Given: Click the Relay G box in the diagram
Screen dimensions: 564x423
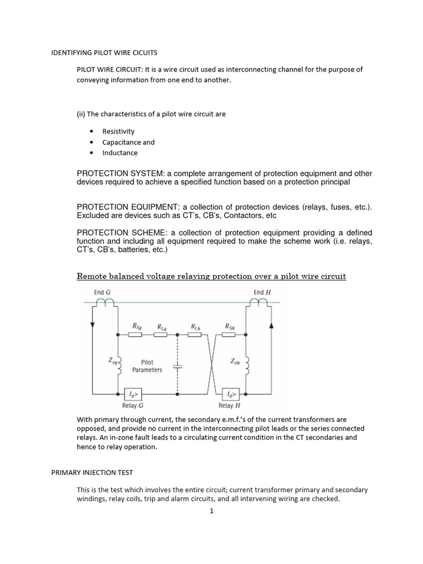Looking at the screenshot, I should [133, 394].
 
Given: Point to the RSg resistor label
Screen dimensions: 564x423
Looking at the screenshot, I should [137, 326].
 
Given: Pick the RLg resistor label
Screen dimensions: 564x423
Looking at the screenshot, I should [162, 327].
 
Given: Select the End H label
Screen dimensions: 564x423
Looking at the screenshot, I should [262, 292].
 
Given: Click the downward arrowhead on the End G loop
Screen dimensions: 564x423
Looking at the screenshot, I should [92, 326].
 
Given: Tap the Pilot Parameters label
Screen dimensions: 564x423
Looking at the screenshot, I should [147, 366].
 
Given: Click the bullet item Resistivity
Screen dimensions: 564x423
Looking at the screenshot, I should [118, 132].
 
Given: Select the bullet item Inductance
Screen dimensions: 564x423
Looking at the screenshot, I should [120, 153].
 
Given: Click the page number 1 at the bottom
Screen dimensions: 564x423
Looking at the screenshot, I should [211, 511].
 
